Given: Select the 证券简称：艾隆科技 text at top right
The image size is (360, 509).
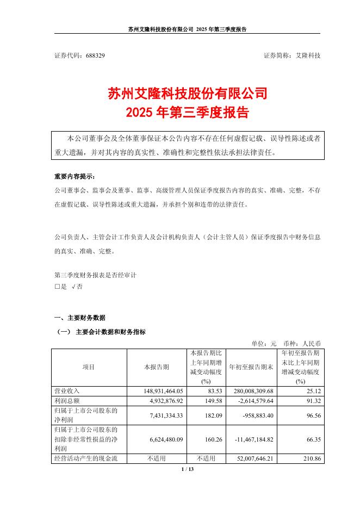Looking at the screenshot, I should [x=292, y=56].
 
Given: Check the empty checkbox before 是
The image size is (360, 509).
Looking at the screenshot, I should [x=57, y=287].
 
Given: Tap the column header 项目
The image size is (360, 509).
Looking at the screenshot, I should [x=89, y=367].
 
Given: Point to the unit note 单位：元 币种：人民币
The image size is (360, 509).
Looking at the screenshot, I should [x=285, y=344].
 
